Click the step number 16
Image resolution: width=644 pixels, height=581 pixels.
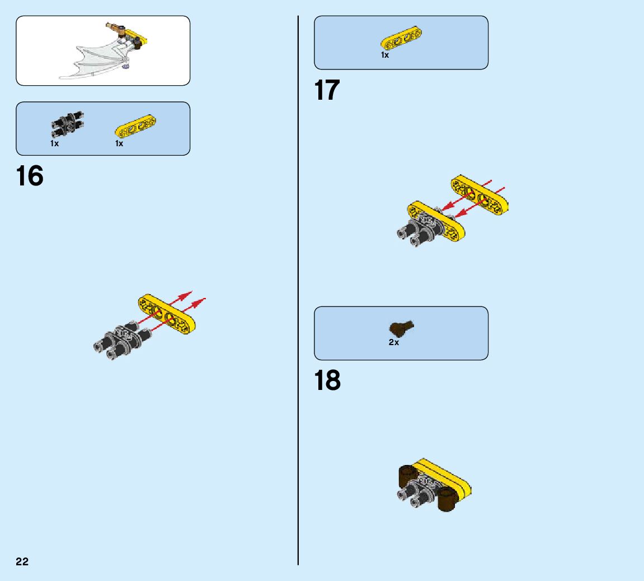pos(30,176)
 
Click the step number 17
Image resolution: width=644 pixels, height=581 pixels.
pos(327,90)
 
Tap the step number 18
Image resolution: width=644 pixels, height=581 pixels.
pos(327,380)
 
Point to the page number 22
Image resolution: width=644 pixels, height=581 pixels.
pos(22,562)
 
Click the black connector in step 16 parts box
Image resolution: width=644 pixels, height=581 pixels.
pos(67,126)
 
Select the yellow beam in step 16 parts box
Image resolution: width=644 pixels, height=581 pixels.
pos(136,126)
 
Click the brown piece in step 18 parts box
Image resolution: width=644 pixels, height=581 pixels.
pos(401,329)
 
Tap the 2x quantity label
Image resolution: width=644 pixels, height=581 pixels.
pos(394,342)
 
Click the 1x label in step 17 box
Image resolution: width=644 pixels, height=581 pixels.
pos(385,55)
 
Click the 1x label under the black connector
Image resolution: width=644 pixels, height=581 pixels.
pos(54,143)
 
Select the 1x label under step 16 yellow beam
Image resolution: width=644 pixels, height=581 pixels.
pos(119,143)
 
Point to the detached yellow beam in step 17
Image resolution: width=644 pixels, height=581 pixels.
pos(480,195)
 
